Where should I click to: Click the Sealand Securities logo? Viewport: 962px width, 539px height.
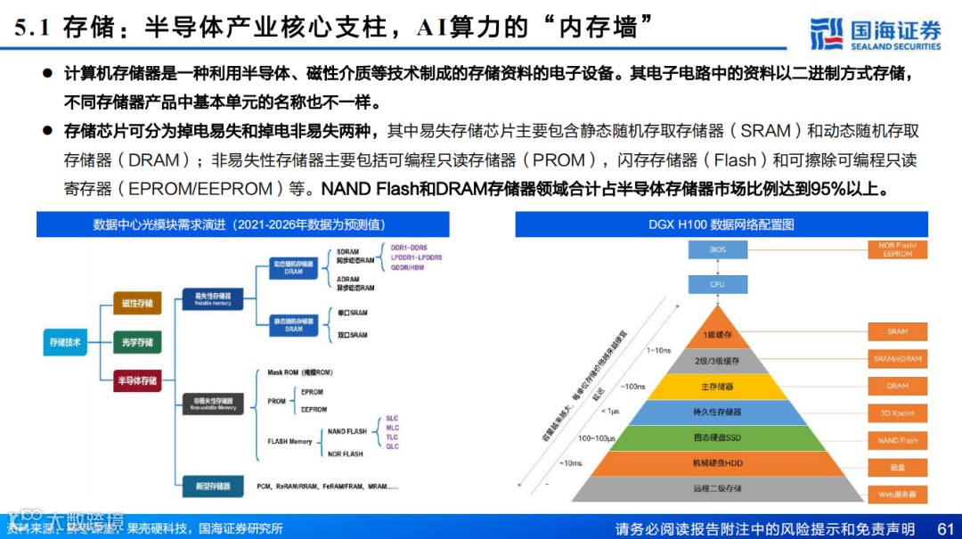[x=875, y=33]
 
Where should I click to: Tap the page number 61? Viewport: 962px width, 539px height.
[x=946, y=528]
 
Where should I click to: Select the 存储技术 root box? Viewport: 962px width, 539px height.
[x=66, y=341]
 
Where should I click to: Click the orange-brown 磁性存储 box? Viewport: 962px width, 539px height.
[x=137, y=303]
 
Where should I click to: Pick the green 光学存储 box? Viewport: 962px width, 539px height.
[x=137, y=341]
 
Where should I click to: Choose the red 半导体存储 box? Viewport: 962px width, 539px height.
[x=137, y=380]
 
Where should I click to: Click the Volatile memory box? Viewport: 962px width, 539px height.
[x=206, y=298]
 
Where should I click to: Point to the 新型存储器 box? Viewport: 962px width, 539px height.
[x=213, y=486]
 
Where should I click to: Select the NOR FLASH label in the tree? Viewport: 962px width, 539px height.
[x=345, y=454]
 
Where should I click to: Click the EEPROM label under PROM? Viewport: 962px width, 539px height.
[x=314, y=410]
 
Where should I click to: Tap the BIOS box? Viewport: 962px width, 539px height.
[x=717, y=250]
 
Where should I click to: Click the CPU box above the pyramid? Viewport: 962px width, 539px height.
[x=717, y=284]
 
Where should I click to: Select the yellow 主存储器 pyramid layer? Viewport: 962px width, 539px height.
[x=717, y=387]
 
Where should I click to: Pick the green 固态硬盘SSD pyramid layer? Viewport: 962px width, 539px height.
[x=717, y=437]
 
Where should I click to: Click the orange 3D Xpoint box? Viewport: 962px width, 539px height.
[x=897, y=413]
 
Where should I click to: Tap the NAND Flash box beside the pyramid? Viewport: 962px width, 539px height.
[x=897, y=440]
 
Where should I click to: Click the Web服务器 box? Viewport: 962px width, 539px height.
[x=897, y=494]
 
